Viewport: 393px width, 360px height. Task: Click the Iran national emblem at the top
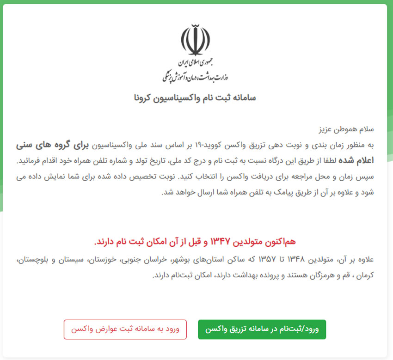[196, 40]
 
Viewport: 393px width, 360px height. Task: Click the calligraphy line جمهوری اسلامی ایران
[196, 63]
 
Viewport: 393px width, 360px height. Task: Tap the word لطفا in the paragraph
[331, 161]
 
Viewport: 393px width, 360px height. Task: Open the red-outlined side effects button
[125, 329]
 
